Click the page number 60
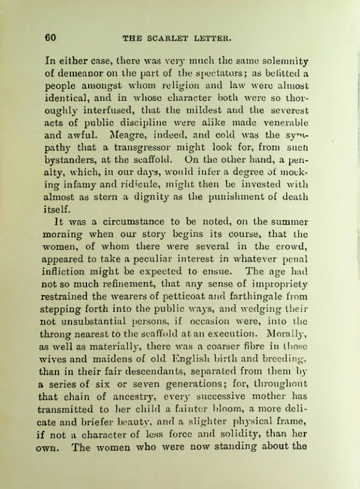pos(51,38)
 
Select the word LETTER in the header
pos(212,39)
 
